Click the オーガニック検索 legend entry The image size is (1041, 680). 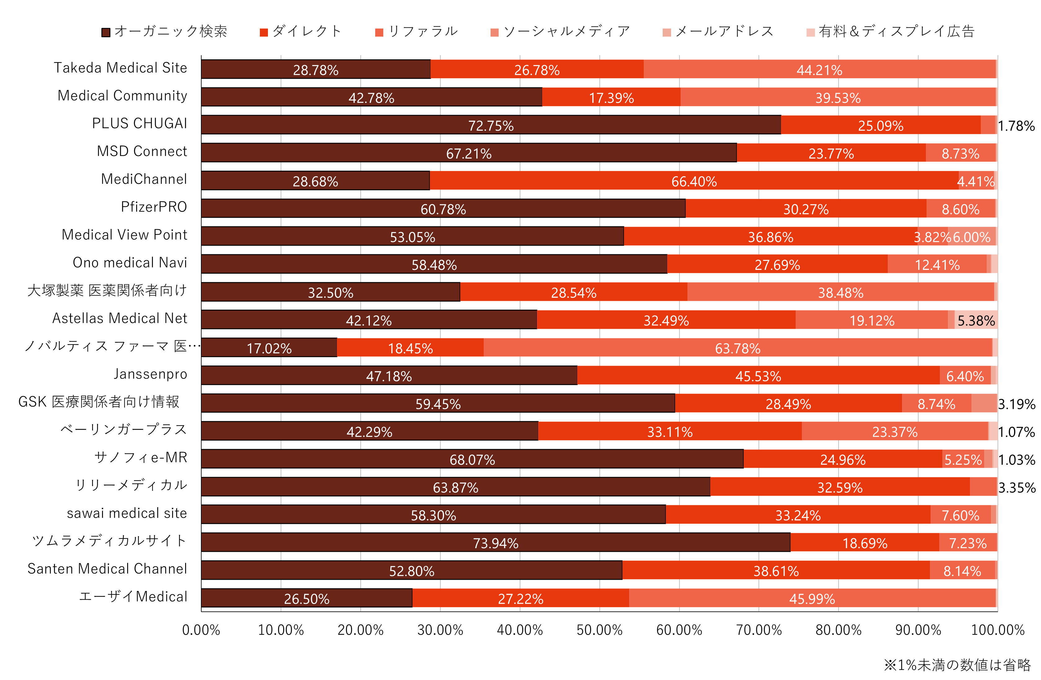pyautogui.click(x=164, y=32)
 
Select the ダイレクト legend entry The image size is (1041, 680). pyautogui.click(x=301, y=32)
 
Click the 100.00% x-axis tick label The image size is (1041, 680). pyautogui.click(x=997, y=630)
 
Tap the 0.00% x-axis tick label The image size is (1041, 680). pyautogui.click(x=201, y=630)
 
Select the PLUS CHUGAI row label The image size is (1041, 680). pyautogui.click(x=140, y=124)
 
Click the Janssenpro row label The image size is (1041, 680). pyautogui.click(x=150, y=374)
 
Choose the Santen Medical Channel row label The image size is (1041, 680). pyautogui.click(x=107, y=569)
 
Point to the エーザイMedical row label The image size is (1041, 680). pyautogui.click(x=133, y=597)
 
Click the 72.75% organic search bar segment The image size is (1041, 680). pyautogui.click(x=491, y=125)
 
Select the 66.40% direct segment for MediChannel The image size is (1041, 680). pyautogui.click(x=694, y=181)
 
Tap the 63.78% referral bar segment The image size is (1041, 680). pyautogui.click(x=737, y=348)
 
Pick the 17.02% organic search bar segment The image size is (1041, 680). pyautogui.click(x=269, y=348)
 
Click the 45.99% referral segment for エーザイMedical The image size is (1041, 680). pyautogui.click(x=812, y=598)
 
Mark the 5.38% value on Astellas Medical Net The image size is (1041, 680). pyautogui.click(x=976, y=320)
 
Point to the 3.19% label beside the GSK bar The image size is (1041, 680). pyautogui.click(x=1017, y=404)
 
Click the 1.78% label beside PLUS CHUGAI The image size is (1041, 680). pyautogui.click(x=1016, y=126)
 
